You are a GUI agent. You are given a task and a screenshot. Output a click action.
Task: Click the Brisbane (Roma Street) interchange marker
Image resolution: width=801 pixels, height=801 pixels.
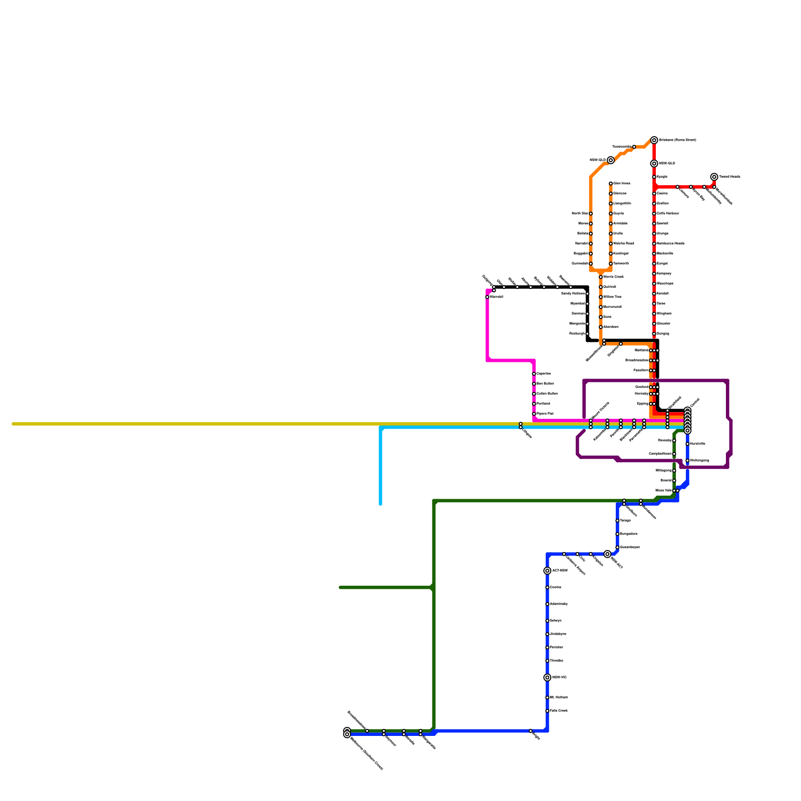654,140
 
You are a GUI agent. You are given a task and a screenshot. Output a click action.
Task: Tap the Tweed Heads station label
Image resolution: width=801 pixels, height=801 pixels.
729,177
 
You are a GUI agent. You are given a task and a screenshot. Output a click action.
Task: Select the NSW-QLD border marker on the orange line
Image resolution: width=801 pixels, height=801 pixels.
611,160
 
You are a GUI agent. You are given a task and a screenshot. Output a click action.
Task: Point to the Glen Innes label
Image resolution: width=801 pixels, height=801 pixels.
622,184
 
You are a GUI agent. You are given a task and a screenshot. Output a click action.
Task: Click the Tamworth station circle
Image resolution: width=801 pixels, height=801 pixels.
611,264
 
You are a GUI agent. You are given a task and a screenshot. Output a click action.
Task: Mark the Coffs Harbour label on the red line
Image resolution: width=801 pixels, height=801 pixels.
668,214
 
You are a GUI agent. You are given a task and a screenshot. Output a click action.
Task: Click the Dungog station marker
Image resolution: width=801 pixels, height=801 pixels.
654,334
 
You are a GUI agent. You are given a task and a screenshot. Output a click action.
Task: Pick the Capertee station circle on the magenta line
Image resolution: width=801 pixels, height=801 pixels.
534,374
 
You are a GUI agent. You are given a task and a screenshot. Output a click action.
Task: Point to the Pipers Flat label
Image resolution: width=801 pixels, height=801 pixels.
545,414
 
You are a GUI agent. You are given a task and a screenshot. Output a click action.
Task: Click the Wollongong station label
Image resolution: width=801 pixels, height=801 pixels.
699,461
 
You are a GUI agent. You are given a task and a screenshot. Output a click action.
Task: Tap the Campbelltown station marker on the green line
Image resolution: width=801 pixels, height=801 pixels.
674,454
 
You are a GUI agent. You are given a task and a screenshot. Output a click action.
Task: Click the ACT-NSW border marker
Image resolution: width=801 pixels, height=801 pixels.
547,571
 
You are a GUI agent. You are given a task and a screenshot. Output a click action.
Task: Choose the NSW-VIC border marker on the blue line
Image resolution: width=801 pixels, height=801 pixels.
547,677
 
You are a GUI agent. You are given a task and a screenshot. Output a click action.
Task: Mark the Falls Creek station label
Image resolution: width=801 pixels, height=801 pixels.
559,711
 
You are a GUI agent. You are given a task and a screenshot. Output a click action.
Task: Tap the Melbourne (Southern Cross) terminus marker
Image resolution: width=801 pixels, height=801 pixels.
347,734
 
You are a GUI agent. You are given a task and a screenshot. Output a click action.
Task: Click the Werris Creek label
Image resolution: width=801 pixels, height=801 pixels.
613,277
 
